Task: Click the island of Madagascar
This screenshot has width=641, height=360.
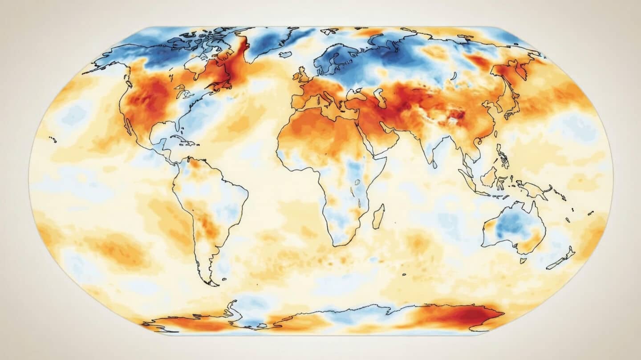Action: (378, 216)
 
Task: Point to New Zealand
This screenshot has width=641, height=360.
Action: (562, 259)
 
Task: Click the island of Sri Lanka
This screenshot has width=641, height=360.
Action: (434, 164)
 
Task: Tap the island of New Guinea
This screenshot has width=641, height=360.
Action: (534, 189)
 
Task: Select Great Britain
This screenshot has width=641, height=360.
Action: (301, 76)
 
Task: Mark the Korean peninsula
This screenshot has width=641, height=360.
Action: (499, 109)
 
